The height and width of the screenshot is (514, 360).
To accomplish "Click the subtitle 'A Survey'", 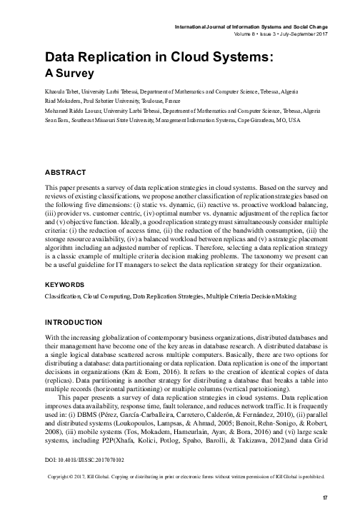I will click(x=69, y=72).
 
